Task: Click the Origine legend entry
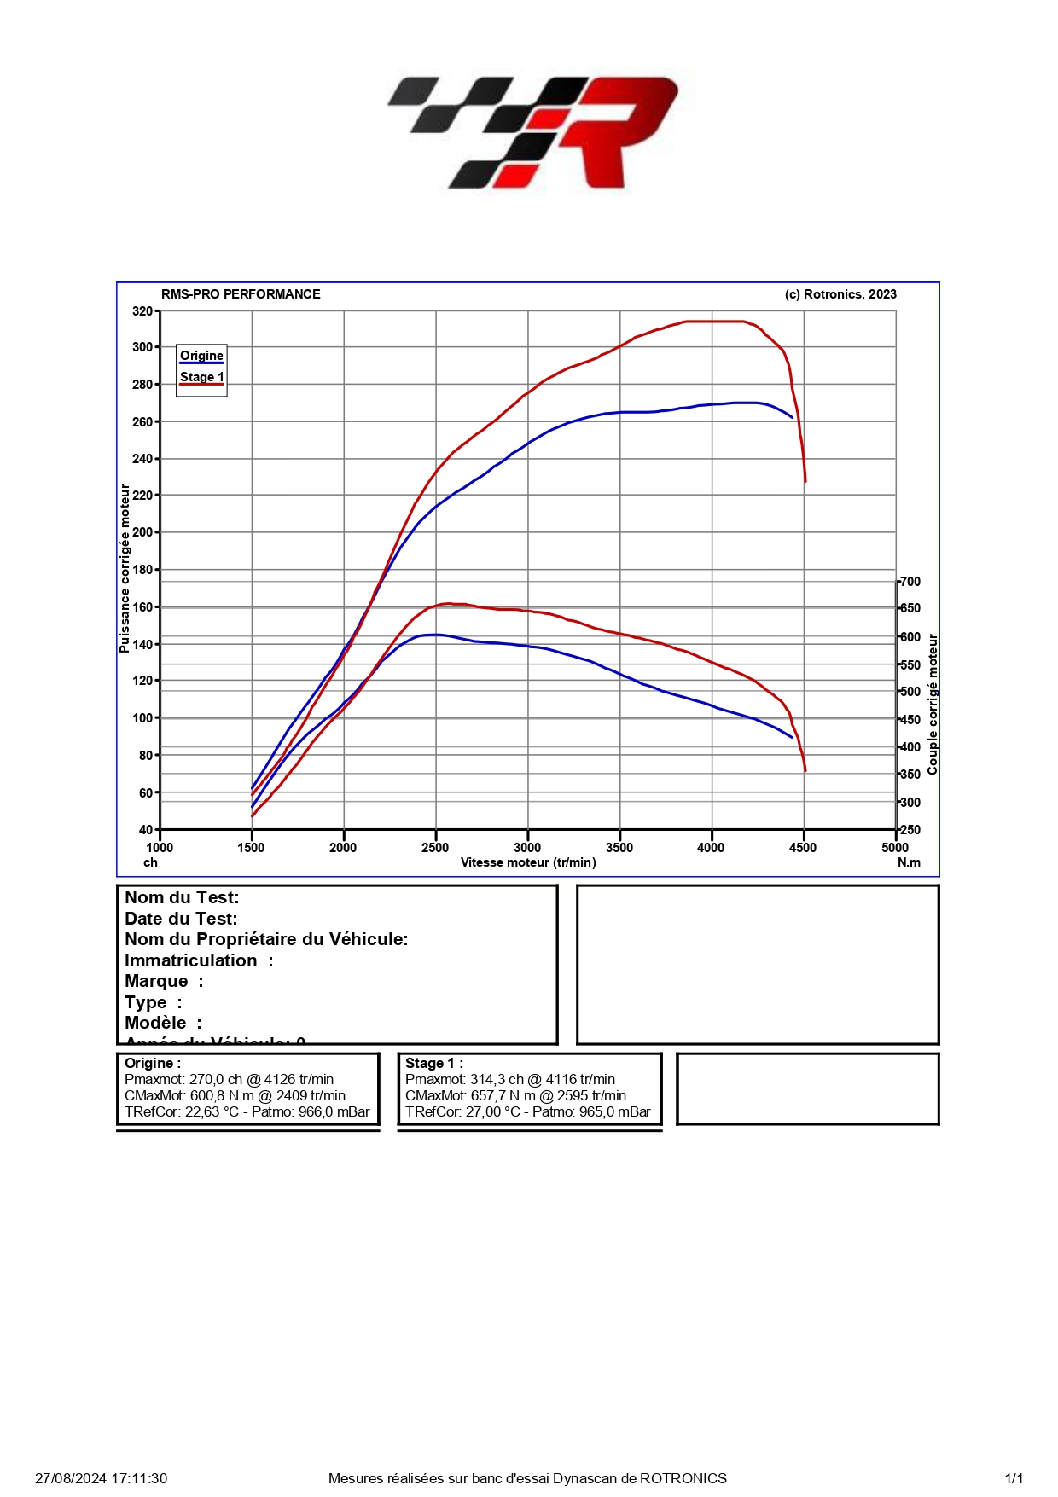[x=201, y=356]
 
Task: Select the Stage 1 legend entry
[x=201, y=377]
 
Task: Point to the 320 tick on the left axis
[x=142, y=311]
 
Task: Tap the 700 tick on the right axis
[x=910, y=582]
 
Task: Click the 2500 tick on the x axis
[x=435, y=847]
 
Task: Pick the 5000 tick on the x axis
[x=895, y=847]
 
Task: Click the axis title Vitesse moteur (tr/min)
[x=528, y=862]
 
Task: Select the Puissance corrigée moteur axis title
[x=125, y=569]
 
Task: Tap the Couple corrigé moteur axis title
[x=933, y=705]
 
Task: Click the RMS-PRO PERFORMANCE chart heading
[x=241, y=294]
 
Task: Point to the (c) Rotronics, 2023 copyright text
[x=840, y=294]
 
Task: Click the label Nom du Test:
[x=182, y=897]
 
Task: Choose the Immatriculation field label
[x=191, y=960]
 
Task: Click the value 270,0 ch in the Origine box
[x=216, y=1080]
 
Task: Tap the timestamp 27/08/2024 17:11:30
[x=101, y=1478]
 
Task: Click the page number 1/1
[x=1014, y=1478]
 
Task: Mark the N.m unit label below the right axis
[x=909, y=862]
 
